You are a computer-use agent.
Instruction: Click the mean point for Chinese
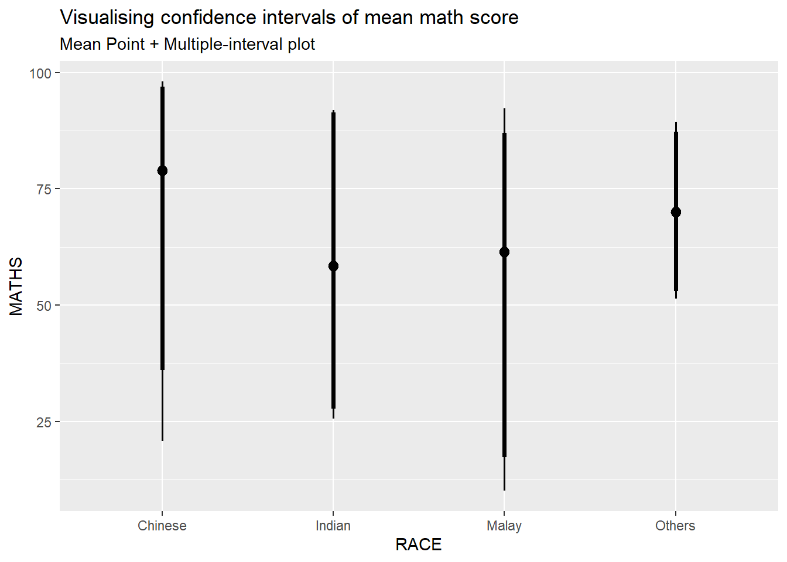[x=162, y=171]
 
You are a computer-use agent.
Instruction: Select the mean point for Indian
[x=333, y=266]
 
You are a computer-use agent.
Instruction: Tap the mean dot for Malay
[x=504, y=252]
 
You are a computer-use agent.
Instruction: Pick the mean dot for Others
[x=676, y=212]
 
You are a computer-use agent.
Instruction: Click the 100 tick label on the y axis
[x=40, y=73]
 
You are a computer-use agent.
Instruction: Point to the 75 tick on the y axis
[x=44, y=189]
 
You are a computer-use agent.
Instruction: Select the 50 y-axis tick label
[x=44, y=306]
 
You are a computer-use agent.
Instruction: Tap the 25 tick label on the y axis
[x=44, y=422]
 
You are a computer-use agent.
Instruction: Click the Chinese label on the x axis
[x=162, y=526]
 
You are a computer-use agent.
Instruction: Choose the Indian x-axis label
[x=333, y=526]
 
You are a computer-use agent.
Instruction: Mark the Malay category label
[x=504, y=526]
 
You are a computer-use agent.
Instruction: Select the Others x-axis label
[x=675, y=526]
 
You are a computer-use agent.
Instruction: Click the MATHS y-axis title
[x=16, y=286]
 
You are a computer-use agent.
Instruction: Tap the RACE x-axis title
[x=419, y=544]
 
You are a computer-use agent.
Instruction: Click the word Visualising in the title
[x=108, y=18]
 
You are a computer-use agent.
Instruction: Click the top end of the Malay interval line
[x=504, y=109]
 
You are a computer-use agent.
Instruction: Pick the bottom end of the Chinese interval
[x=162, y=440]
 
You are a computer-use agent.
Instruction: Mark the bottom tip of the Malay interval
[x=504, y=489]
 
